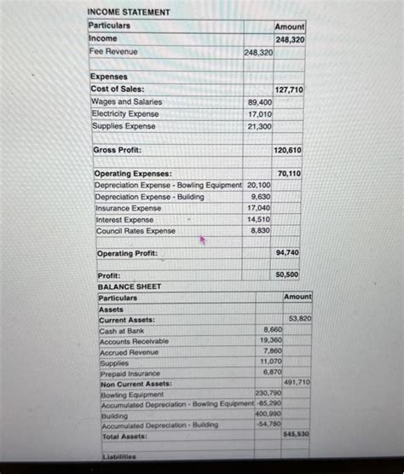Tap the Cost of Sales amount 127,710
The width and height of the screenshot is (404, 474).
point(288,90)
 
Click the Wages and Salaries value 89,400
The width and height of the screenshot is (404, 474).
point(259,102)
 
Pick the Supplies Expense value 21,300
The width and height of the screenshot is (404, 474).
point(259,126)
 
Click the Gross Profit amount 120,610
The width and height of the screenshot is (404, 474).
point(288,151)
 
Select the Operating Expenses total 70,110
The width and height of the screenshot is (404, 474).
point(289,173)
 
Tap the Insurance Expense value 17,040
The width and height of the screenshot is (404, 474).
point(259,208)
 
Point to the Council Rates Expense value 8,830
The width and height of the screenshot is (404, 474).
point(261,230)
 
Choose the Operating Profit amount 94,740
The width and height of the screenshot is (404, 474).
point(288,253)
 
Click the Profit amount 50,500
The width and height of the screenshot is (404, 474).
point(287,275)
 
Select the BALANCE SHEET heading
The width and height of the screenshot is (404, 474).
point(129,287)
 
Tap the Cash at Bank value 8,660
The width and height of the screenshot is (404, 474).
point(273,329)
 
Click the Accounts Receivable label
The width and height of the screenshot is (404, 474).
point(134,341)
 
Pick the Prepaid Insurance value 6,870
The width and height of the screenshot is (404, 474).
point(272,373)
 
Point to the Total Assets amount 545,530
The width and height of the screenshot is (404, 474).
point(297,434)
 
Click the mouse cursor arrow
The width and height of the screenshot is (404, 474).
point(203,240)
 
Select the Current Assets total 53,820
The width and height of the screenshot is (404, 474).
point(299,319)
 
